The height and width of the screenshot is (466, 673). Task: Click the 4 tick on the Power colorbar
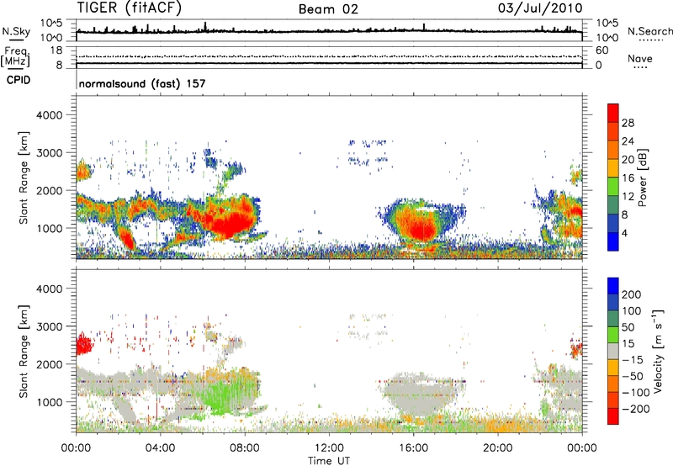(628, 231)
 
